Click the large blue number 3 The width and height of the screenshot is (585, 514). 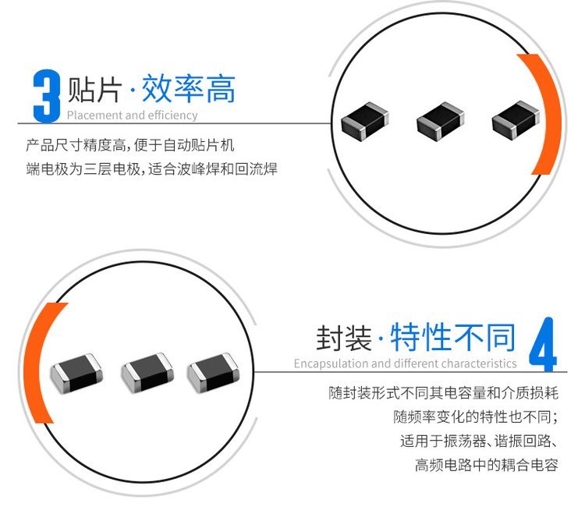(46, 96)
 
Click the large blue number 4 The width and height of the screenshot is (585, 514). (543, 344)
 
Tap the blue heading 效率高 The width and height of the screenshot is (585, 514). (189, 89)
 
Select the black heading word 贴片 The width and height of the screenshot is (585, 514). (94, 90)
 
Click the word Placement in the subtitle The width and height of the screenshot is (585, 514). (95, 115)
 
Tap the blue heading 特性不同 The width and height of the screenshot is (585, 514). (453, 337)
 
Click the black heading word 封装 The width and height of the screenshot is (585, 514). (344, 338)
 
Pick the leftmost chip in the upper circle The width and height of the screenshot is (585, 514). (365, 122)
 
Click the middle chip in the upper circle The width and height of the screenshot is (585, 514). (440, 122)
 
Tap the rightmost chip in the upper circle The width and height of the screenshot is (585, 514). (516, 120)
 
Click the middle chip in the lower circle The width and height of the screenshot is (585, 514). (147, 373)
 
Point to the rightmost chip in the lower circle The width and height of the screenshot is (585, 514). (213, 373)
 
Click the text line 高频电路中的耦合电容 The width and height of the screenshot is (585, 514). (487, 465)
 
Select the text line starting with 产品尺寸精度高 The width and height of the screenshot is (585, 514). (129, 145)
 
